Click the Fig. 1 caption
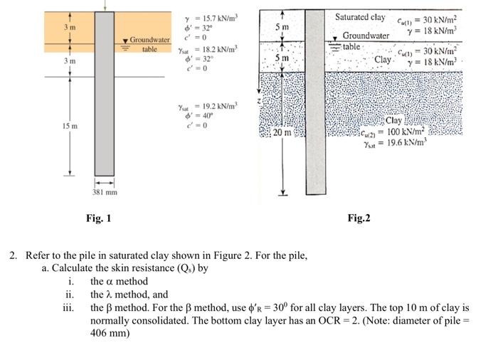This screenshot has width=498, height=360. pos(99,218)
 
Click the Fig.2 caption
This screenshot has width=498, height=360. pos(359,218)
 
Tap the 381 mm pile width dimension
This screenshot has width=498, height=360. pos(105,193)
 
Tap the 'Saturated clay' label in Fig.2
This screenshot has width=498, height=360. pos(360,16)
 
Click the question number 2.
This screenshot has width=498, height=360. pos(12,255)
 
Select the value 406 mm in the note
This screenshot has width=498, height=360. pos(105,332)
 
